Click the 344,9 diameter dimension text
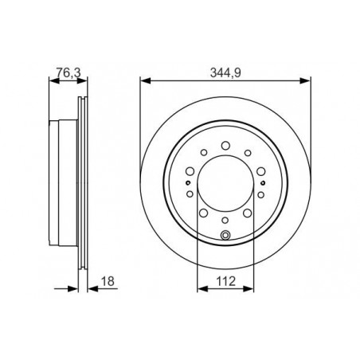pyautogui.click(x=225, y=72)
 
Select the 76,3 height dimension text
pyautogui.click(x=68, y=72)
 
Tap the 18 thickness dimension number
pyautogui.click(x=108, y=281)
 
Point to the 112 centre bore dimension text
pyautogui.click(x=226, y=281)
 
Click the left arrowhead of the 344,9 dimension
pyautogui.click(x=146, y=80)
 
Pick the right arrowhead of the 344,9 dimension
pyautogui.click(x=305, y=80)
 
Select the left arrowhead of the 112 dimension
pyautogui.click(x=202, y=288)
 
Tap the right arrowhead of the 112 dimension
pyautogui.click(x=248, y=288)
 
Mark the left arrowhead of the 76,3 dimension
pyautogui.click(x=54, y=80)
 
